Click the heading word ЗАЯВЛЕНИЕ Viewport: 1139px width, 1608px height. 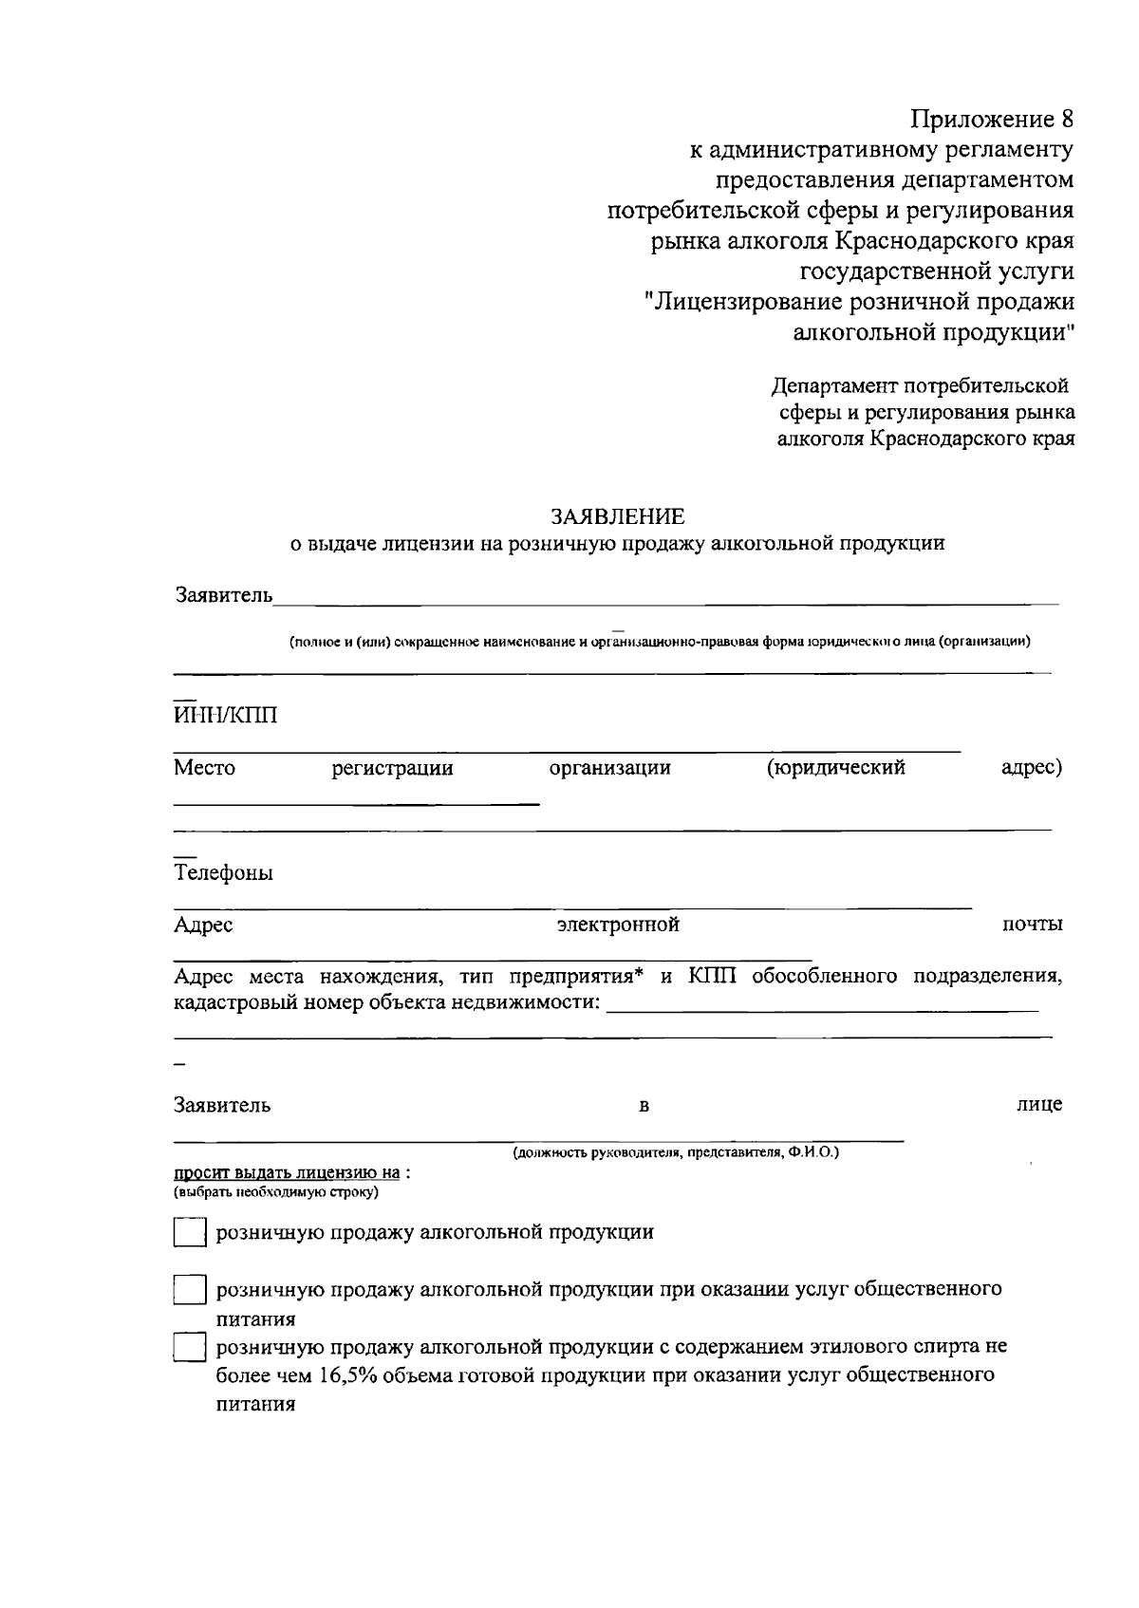[618, 516]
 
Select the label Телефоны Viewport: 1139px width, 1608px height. [223, 872]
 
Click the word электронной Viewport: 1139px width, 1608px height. [618, 925]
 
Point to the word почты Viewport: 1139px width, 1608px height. [1033, 925]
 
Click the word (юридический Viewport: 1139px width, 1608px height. [835, 767]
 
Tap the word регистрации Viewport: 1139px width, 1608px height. [392, 768]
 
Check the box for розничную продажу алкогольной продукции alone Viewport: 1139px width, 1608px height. [190, 1233]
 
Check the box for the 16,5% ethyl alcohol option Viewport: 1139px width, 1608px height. [190, 1348]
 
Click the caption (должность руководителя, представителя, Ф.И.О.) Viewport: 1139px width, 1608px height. [676, 1152]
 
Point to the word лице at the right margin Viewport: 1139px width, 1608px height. [1039, 1104]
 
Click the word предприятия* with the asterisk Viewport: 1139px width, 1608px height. [574, 976]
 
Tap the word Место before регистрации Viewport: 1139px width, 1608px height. [204, 767]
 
